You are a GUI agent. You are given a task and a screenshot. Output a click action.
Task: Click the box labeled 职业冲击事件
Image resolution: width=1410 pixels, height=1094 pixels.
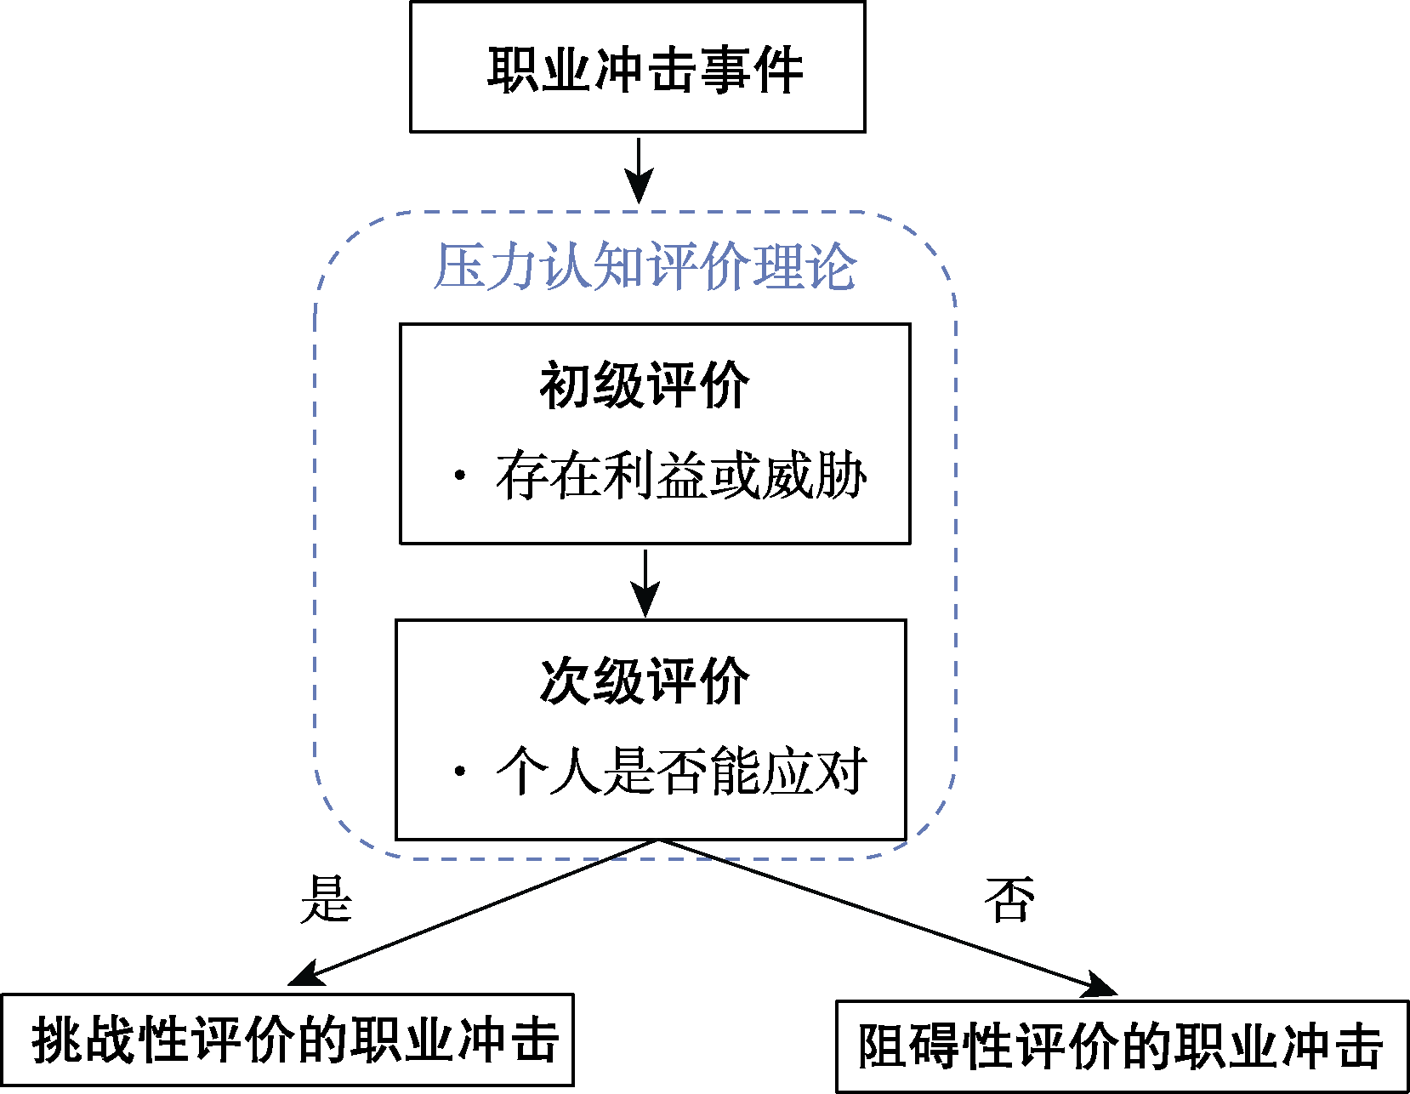638,67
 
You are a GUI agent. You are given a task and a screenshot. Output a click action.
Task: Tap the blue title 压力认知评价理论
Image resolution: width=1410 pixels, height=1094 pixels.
645,267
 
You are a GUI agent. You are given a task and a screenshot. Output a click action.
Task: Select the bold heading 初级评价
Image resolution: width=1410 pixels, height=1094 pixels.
645,385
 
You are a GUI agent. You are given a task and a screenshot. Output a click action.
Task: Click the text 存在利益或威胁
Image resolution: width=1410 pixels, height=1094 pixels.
681,476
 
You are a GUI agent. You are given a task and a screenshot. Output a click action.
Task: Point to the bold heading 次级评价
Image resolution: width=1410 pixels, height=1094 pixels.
645,681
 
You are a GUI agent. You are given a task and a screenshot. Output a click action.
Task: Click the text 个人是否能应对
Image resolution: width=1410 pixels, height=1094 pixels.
681,772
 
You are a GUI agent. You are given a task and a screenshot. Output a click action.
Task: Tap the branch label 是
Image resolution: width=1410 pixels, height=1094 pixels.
326,899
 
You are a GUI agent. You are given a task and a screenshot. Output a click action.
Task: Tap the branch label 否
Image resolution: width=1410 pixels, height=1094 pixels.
1009,899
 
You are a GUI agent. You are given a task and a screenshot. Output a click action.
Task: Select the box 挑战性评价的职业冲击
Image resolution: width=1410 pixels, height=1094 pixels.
287,1040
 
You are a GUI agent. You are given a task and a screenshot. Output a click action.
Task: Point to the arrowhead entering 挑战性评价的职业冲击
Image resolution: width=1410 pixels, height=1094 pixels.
306,975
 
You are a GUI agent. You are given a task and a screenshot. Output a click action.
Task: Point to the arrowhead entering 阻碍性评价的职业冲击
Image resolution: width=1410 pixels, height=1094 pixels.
1100,986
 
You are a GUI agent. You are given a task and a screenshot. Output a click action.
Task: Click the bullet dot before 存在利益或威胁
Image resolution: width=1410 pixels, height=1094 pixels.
460,476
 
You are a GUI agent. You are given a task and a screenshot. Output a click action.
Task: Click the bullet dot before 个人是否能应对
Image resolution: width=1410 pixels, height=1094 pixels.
460,772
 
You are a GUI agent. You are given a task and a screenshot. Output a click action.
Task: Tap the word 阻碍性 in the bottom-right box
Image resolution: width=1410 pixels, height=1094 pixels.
936,1046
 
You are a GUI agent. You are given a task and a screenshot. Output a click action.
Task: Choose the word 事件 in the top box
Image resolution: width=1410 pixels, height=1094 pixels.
752,69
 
